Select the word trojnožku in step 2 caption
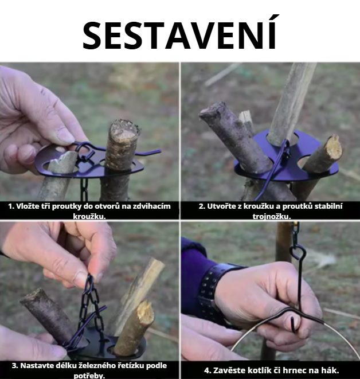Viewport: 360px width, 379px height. point(272,216)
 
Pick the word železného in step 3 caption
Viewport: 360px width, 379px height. point(99,365)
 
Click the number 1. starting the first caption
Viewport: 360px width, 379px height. point(11,206)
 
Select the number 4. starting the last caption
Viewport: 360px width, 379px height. point(208,370)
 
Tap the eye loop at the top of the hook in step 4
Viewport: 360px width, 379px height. point(299,252)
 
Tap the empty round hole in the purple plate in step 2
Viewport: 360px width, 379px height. point(303,162)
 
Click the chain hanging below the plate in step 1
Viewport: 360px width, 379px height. point(84,189)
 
